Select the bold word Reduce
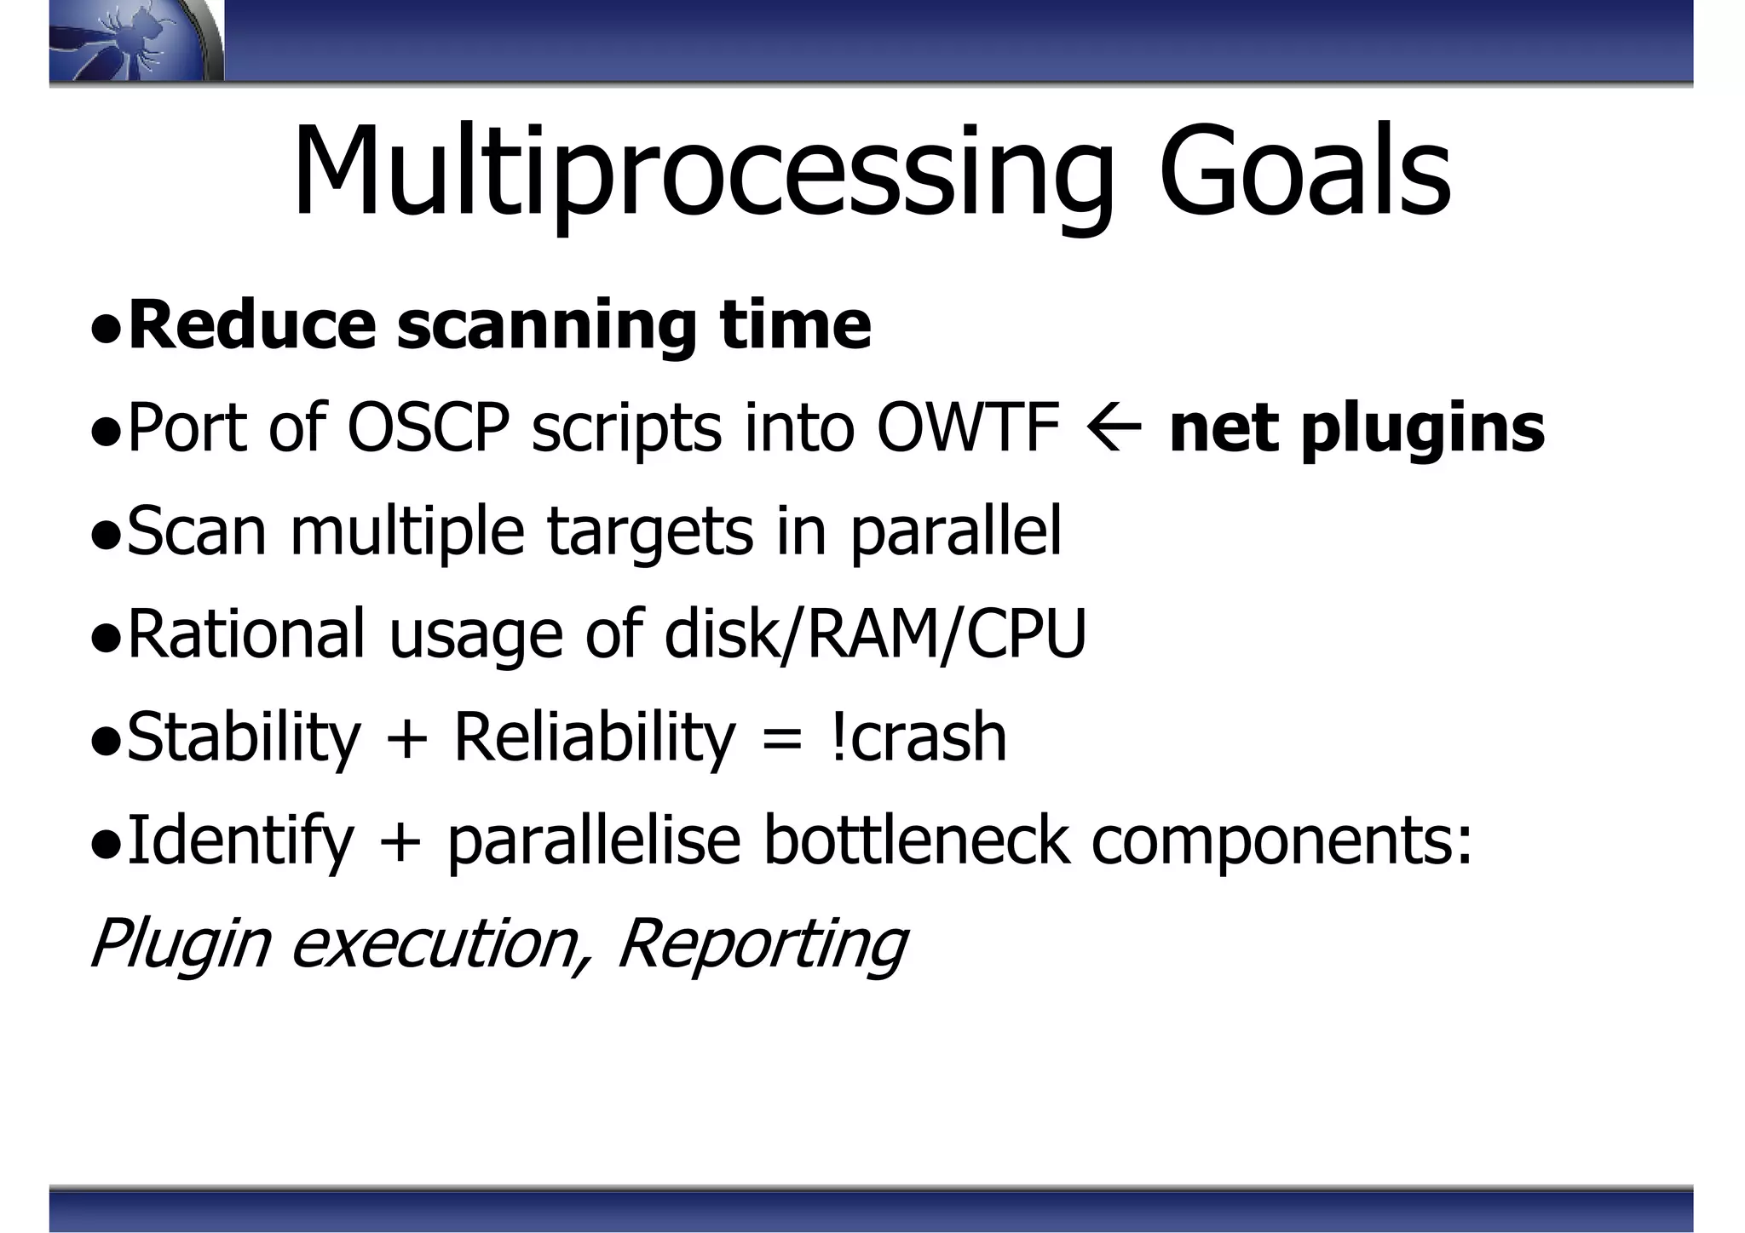[x=251, y=325]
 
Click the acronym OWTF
[x=968, y=427]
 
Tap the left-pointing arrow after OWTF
[x=1114, y=429]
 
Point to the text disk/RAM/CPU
[x=875, y=634]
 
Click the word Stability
[x=244, y=737]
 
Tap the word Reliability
[x=594, y=737]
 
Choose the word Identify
[x=239, y=841]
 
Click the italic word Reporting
[x=761, y=943]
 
